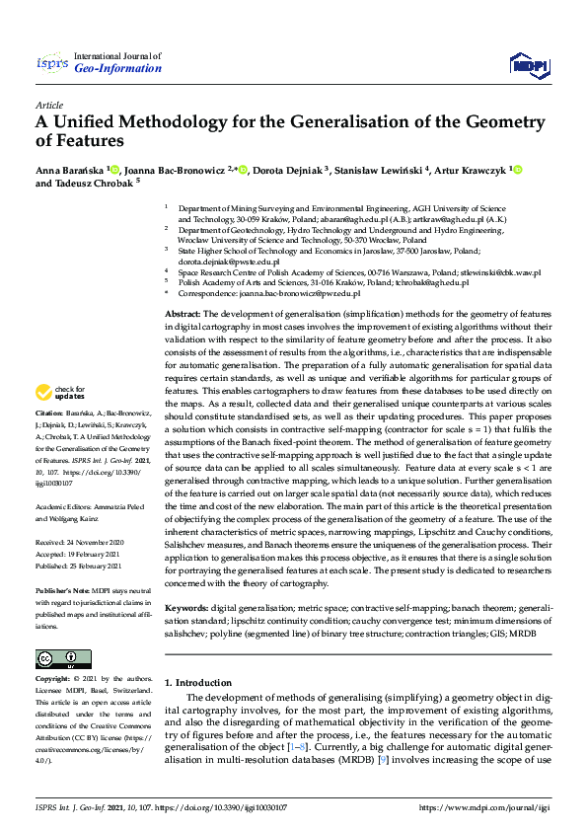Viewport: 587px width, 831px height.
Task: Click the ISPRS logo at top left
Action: tap(50, 63)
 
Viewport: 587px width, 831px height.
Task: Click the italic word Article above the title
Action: tap(49, 106)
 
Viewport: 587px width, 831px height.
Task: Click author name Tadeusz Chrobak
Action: tap(97, 184)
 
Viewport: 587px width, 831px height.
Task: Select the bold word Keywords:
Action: tap(188, 609)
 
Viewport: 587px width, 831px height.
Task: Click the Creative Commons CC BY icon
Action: tap(57, 659)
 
